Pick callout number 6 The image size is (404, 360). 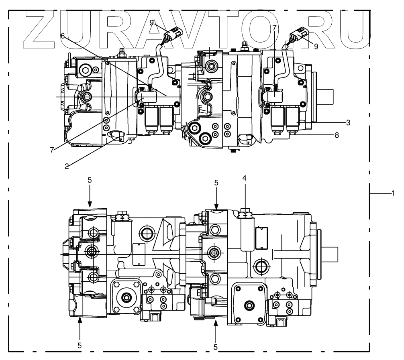pyautogui.click(x=63, y=35)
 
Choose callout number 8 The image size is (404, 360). pyautogui.click(x=337, y=135)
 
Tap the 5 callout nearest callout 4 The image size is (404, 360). pyautogui.click(x=216, y=183)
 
